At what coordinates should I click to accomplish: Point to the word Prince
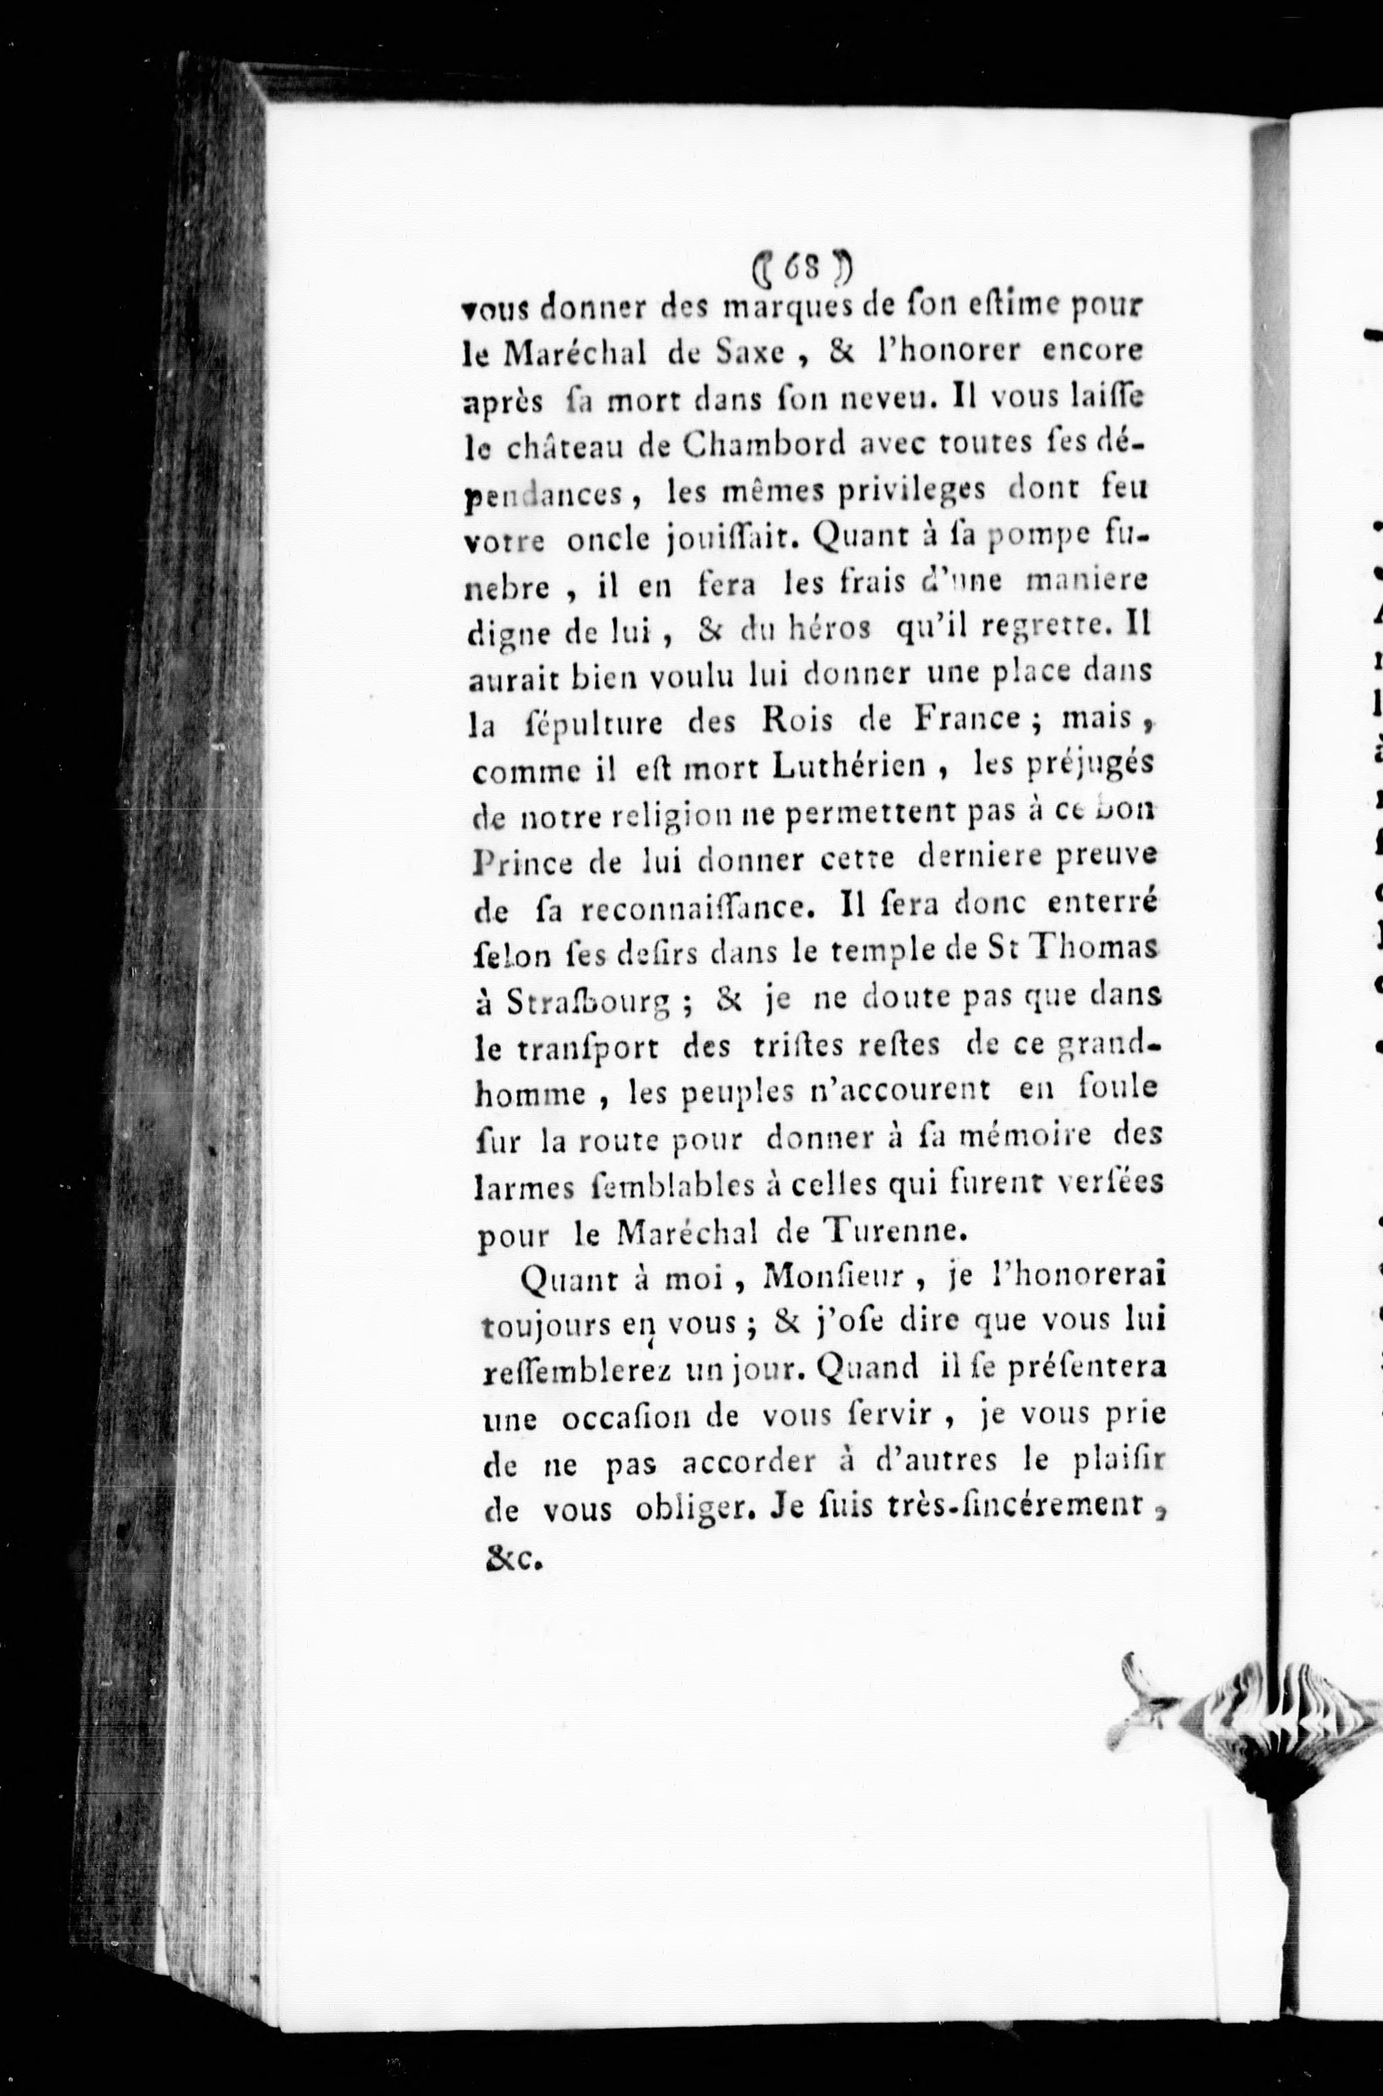522,858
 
